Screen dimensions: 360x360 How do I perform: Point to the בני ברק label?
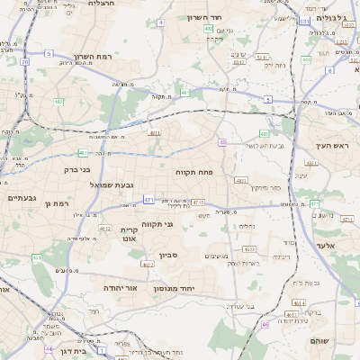(x=78, y=168)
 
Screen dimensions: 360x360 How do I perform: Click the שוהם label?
(x=319, y=341)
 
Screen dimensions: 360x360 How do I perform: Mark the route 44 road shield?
(x=49, y=348)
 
